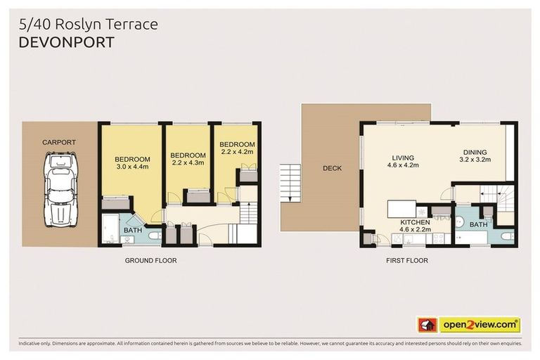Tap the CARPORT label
(x=59, y=143)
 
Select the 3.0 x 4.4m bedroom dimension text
(x=132, y=167)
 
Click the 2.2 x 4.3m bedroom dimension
(x=188, y=163)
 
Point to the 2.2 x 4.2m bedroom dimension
(x=236, y=150)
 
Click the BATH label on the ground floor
(x=133, y=231)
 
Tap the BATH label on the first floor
(x=478, y=224)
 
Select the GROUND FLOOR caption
(x=150, y=260)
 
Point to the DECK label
(x=332, y=168)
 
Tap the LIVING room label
(x=402, y=157)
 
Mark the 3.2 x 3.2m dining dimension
(x=475, y=160)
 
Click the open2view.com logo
(x=479, y=325)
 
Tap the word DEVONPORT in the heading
(x=64, y=41)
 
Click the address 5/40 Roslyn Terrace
(x=88, y=24)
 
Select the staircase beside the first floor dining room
(x=495, y=194)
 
